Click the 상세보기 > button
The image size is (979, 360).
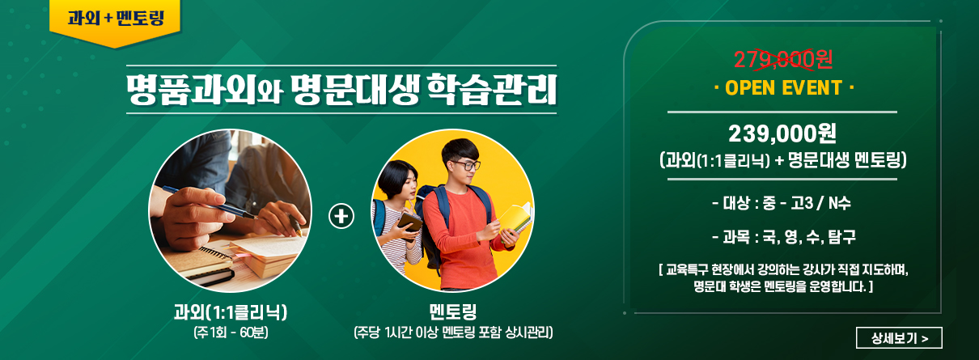(899, 337)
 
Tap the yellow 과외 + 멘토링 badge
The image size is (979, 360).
(115, 22)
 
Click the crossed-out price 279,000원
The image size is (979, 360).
(782, 59)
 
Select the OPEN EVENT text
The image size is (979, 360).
(784, 88)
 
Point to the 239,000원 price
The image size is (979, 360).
(782, 133)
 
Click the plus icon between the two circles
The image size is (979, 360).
(341, 216)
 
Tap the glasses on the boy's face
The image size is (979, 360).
(466, 165)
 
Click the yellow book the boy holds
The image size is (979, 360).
(516, 222)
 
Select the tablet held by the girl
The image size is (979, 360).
(409, 225)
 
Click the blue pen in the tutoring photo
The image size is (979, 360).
(209, 201)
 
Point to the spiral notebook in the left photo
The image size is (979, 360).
(209, 265)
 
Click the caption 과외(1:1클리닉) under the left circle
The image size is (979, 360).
(231, 312)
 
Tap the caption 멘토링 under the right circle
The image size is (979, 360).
(453, 311)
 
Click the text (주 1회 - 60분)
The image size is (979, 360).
(231, 333)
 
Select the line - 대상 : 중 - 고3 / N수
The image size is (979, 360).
(782, 203)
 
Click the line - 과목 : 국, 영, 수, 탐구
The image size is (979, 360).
(784, 237)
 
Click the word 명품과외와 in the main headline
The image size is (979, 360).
(205, 90)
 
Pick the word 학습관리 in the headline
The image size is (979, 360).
(492, 90)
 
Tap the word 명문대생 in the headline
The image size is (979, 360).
(354, 90)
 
